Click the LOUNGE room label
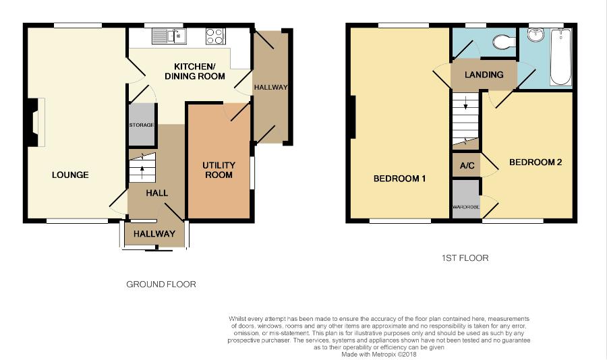click(70, 175)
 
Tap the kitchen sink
click(169, 36)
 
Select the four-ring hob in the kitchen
click(215, 36)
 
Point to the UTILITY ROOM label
click(219, 171)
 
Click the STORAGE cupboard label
click(142, 125)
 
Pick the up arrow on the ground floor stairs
click(142, 173)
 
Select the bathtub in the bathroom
click(560, 57)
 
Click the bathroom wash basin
click(536, 35)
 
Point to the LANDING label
click(484, 75)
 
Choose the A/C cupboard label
click(467, 166)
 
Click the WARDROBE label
click(466, 207)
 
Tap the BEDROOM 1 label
click(399, 179)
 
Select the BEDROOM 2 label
click(536, 162)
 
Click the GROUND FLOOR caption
click(161, 284)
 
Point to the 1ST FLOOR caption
click(465, 258)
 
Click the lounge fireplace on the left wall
click(34, 122)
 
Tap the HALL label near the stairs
click(156, 193)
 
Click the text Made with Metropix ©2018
click(378, 354)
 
